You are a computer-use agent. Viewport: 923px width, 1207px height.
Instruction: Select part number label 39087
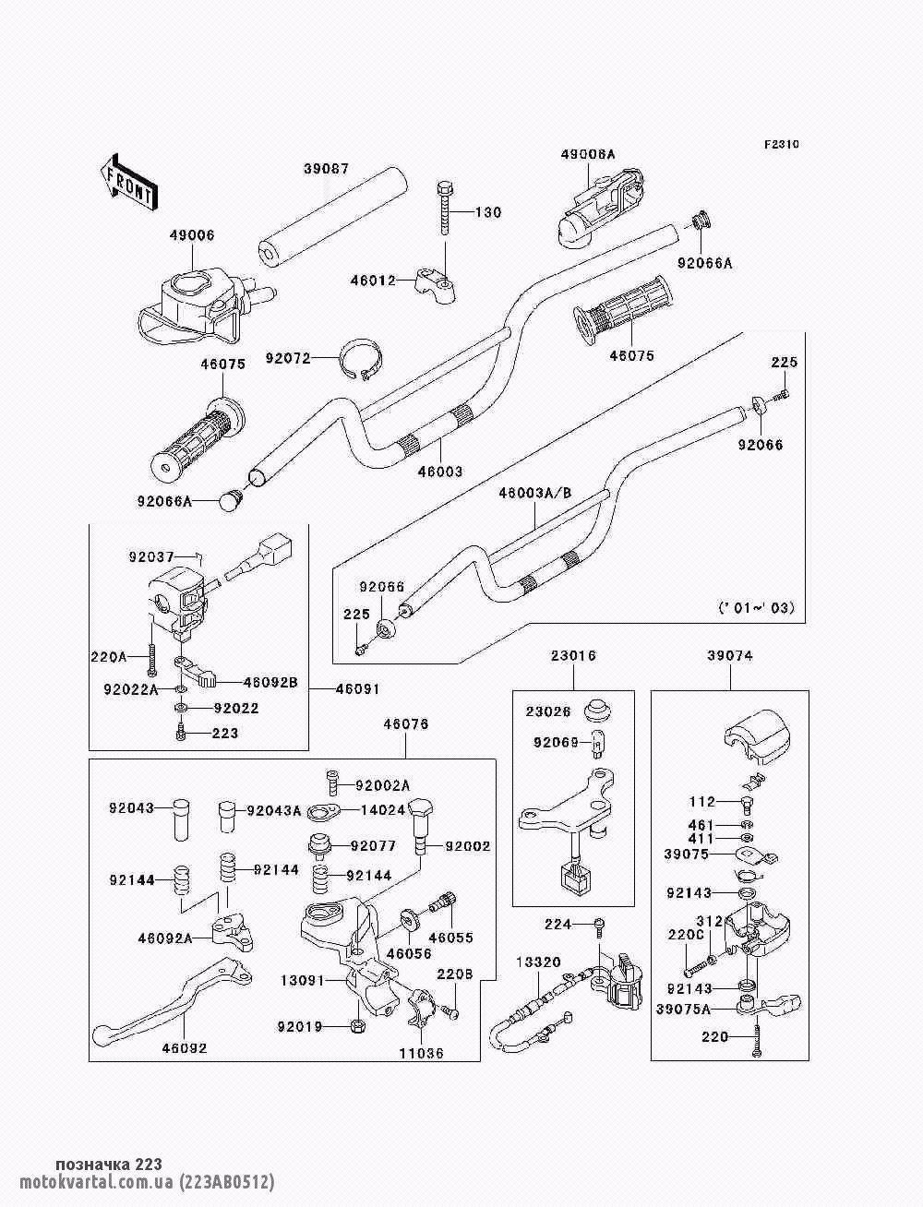[x=326, y=168]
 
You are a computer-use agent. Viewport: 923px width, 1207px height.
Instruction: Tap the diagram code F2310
[x=781, y=145]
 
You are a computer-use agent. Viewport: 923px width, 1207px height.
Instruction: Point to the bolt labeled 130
[x=445, y=208]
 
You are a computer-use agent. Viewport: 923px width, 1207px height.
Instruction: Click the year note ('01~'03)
[x=756, y=607]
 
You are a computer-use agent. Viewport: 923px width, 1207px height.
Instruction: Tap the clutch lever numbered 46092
[x=172, y=1005]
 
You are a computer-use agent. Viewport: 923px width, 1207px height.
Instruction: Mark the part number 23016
[x=573, y=655]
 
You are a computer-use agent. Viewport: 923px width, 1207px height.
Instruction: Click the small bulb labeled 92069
[x=595, y=745]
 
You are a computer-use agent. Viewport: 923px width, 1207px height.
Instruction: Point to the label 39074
[x=730, y=655]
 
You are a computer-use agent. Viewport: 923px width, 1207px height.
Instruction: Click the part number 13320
[x=538, y=962]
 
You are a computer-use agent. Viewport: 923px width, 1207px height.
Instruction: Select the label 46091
[x=357, y=688]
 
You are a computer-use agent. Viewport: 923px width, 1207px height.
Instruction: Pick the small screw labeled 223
[x=181, y=733]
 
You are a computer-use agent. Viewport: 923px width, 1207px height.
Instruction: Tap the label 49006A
[x=587, y=154]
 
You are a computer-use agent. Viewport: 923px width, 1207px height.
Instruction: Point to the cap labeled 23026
[x=596, y=710]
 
